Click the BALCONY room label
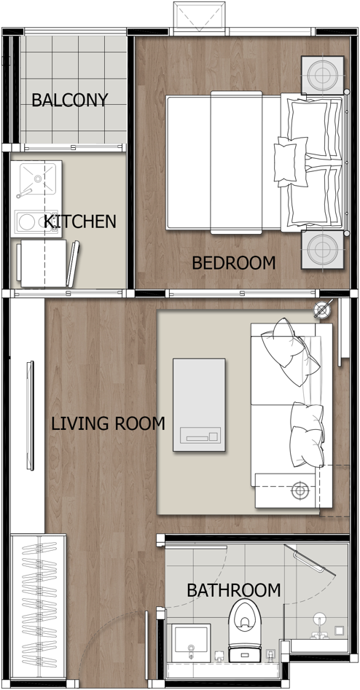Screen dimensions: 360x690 (x=69, y=101)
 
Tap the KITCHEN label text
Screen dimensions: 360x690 (x=80, y=221)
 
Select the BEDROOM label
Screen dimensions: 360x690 (x=234, y=263)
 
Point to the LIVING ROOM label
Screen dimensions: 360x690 (x=109, y=424)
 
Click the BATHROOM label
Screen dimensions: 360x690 (x=234, y=590)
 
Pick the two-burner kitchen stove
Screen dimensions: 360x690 (x=35, y=221)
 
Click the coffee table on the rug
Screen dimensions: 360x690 (x=199, y=405)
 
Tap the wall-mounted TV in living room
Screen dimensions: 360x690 (x=30, y=415)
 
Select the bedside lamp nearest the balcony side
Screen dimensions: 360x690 (x=323, y=75)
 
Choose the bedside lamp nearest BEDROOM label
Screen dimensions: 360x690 (x=323, y=249)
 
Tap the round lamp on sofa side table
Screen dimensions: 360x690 (x=300, y=490)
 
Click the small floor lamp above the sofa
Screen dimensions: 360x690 (x=322, y=310)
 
